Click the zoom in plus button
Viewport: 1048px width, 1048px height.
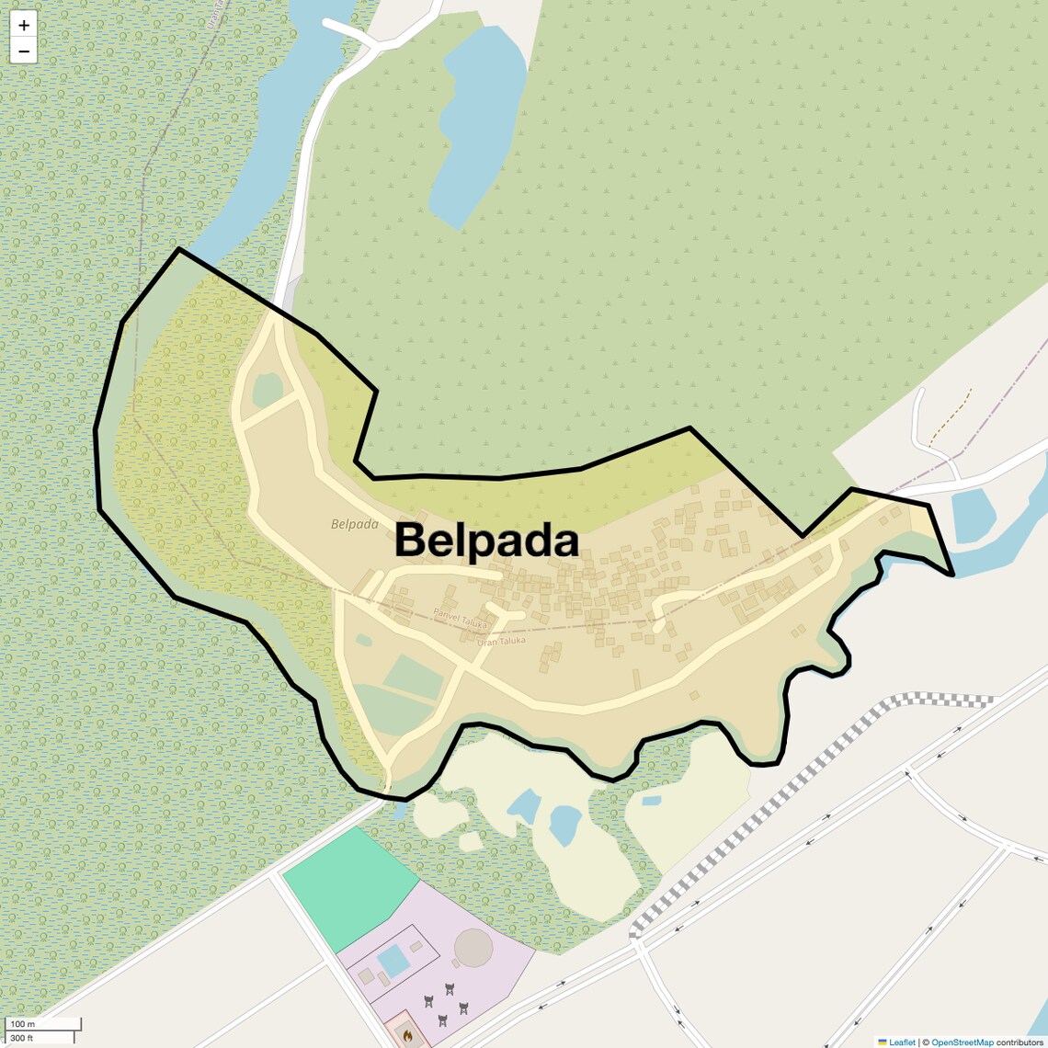point(24,26)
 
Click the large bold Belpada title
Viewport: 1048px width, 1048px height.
point(486,541)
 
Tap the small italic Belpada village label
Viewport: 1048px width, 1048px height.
point(355,524)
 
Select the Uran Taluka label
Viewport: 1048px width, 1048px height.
point(501,641)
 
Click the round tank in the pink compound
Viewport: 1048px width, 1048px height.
point(473,947)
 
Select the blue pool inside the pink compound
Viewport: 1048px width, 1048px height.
point(393,962)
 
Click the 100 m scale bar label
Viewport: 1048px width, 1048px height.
point(22,1024)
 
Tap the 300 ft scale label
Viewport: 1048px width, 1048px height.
point(22,1038)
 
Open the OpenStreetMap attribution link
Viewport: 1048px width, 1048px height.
point(962,1042)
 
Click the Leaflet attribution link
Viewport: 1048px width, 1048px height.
point(902,1042)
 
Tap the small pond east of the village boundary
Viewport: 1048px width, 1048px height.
point(974,514)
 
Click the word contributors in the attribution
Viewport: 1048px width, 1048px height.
point(1020,1042)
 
